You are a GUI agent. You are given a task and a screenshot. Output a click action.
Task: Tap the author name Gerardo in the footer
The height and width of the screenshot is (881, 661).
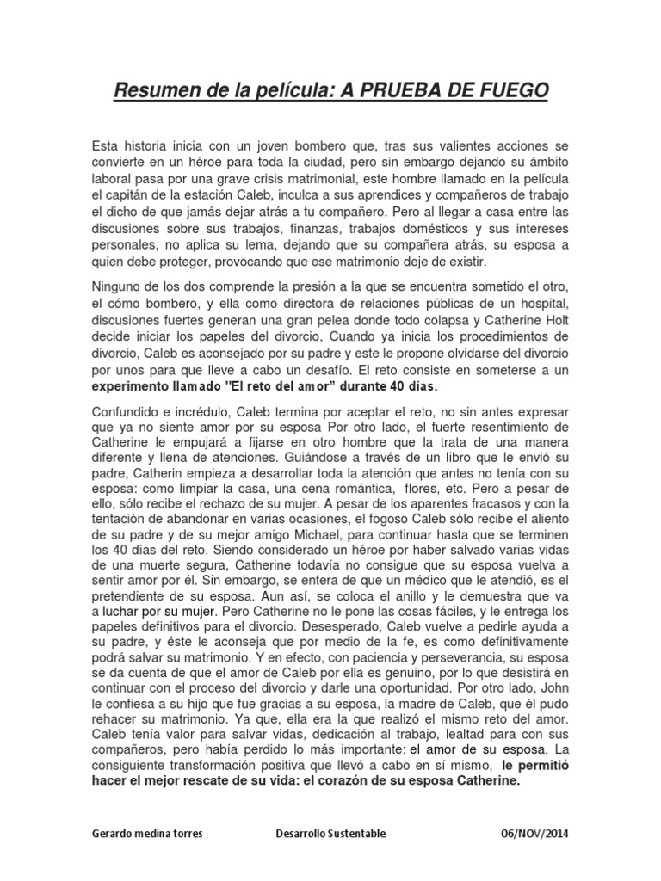(113, 834)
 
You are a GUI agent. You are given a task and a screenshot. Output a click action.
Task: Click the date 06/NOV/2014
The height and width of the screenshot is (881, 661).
(534, 834)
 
